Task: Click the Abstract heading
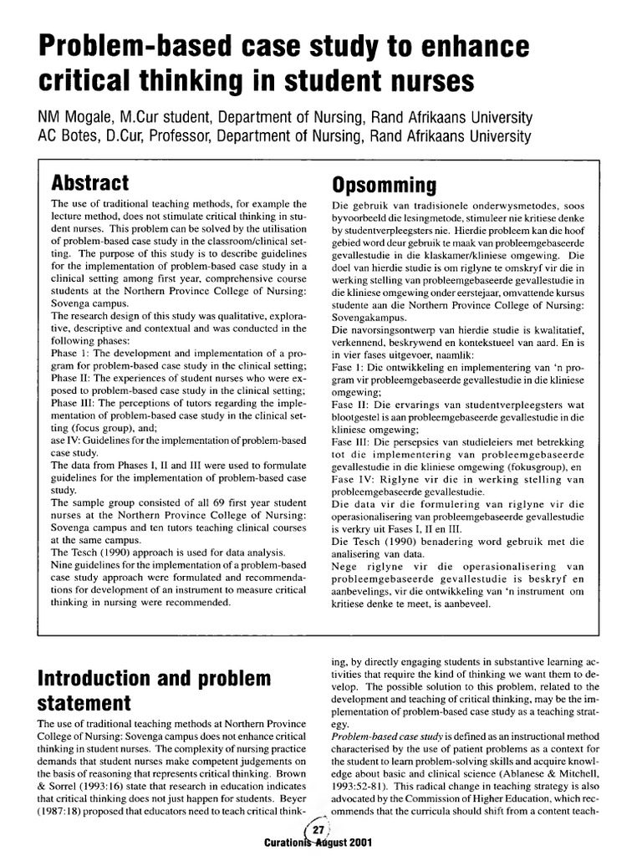click(90, 183)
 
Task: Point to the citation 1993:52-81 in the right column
click(362, 785)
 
